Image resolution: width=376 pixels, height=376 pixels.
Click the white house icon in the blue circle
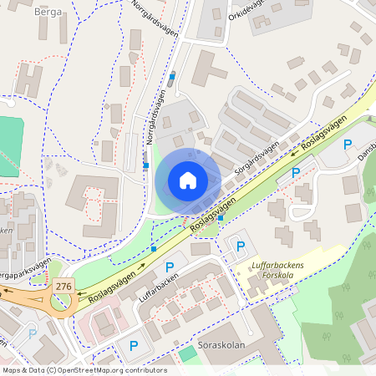[x=188, y=180]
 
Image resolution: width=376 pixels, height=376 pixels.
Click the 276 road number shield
[x=63, y=287]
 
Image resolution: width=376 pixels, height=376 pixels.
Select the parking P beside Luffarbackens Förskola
[x=241, y=246]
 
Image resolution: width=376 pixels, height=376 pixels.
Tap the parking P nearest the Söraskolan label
[x=133, y=345]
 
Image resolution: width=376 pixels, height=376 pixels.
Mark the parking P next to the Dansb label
[x=348, y=145]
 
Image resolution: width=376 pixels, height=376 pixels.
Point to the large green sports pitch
[x=7, y=146]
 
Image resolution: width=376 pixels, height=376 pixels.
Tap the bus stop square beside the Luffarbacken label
[x=154, y=249]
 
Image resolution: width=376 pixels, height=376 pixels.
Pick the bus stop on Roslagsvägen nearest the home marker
[x=221, y=218]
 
